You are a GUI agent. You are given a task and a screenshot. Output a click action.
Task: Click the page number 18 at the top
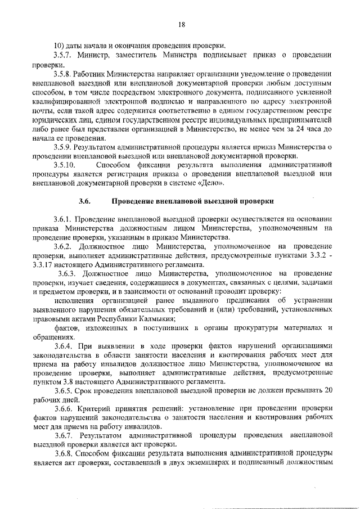click(x=182, y=24)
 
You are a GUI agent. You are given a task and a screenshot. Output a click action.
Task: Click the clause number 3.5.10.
click(x=66, y=166)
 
